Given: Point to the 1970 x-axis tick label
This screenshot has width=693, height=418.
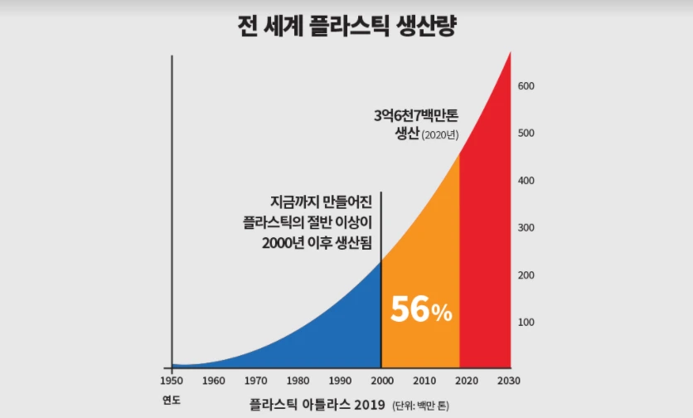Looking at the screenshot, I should [x=256, y=381].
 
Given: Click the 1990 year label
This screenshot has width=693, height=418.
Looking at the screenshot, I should [x=340, y=381].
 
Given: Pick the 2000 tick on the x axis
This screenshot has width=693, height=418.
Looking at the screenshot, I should [x=381, y=381].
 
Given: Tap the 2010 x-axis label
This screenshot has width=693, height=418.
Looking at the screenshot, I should [x=424, y=381].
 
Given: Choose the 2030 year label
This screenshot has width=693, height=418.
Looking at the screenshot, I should [x=510, y=381].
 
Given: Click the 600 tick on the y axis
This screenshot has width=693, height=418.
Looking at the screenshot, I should [x=527, y=86].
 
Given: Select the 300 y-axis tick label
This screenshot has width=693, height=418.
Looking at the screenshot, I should [x=527, y=227].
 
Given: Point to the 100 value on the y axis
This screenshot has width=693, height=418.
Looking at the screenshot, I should [x=527, y=322].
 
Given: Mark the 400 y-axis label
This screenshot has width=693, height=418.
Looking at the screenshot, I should [x=527, y=180].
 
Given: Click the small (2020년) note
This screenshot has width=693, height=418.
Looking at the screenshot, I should [x=439, y=135].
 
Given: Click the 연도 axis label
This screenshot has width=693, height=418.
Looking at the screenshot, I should [x=172, y=400].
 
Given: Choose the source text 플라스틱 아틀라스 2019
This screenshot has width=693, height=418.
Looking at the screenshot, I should [x=317, y=405].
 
